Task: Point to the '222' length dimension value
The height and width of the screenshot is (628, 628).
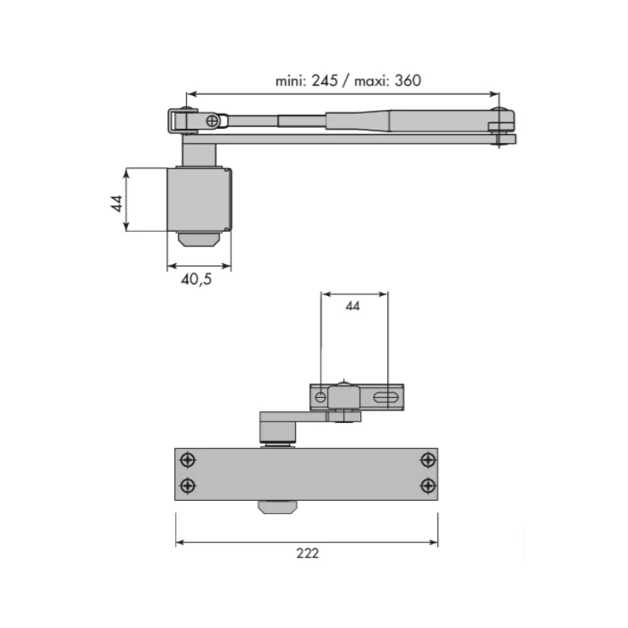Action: click(x=308, y=553)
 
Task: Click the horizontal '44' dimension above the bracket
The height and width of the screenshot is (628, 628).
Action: click(x=352, y=307)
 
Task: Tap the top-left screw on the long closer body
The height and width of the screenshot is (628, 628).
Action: click(x=187, y=460)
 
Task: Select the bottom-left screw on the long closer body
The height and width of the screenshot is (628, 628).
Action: click(x=187, y=484)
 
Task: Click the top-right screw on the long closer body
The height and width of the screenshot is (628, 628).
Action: click(x=427, y=460)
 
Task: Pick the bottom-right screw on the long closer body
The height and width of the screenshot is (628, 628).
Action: click(x=427, y=484)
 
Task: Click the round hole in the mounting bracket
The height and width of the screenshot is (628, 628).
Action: click(x=320, y=398)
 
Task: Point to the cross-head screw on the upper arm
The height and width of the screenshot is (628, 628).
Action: click(x=214, y=120)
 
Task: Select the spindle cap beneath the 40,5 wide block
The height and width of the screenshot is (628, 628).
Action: click(x=199, y=239)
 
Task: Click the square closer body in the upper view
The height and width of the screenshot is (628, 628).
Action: click(x=199, y=199)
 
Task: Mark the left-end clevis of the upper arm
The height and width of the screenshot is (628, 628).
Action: click(x=178, y=120)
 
